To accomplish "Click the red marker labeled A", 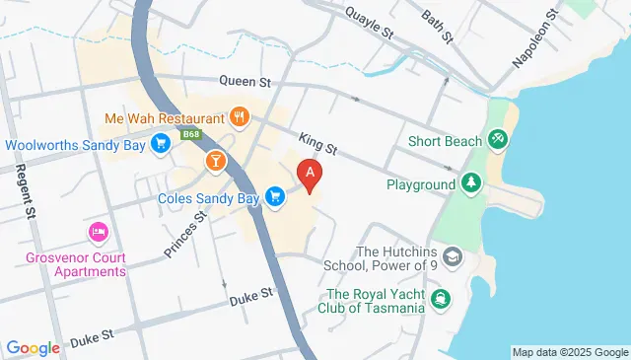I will tap(311, 175).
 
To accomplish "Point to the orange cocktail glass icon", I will tap(214, 160).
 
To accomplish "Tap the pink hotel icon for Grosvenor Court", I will tap(98, 233).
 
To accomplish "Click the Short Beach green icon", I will tap(499, 141).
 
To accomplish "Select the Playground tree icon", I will tap(471, 183).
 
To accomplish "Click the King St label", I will tap(318, 148).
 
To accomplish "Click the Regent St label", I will tap(25, 189).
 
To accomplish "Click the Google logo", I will tap(33, 347).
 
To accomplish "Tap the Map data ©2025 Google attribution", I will tap(570, 352).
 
